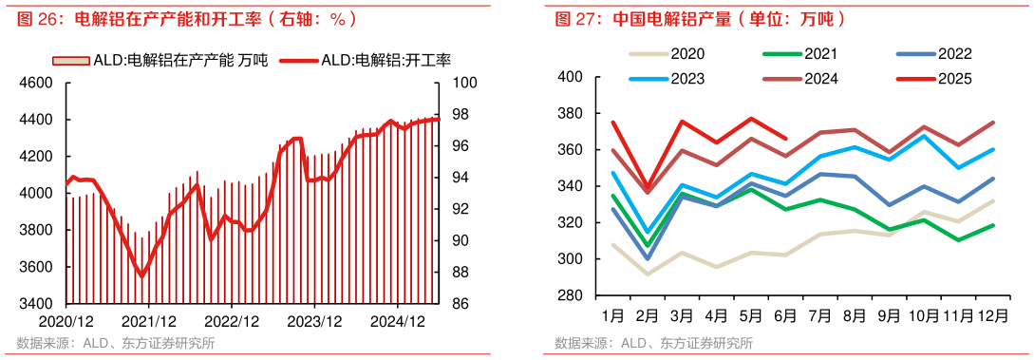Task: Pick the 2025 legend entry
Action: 954,79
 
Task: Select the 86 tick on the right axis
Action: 458,304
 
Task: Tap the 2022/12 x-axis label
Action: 233,322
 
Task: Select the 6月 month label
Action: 783,314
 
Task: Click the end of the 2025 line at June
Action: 785,138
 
